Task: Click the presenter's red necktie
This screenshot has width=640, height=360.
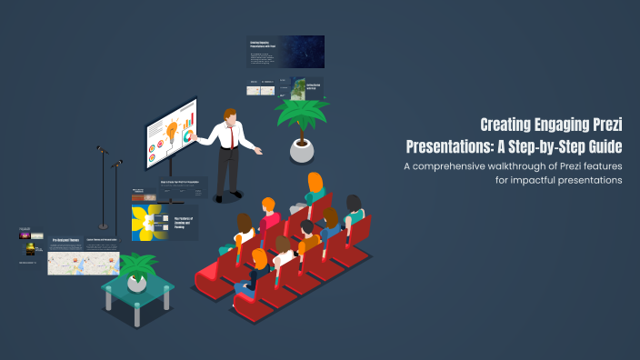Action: [x=232, y=136]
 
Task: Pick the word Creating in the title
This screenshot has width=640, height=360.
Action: [x=510, y=125]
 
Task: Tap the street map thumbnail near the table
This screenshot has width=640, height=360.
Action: [x=65, y=263]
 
